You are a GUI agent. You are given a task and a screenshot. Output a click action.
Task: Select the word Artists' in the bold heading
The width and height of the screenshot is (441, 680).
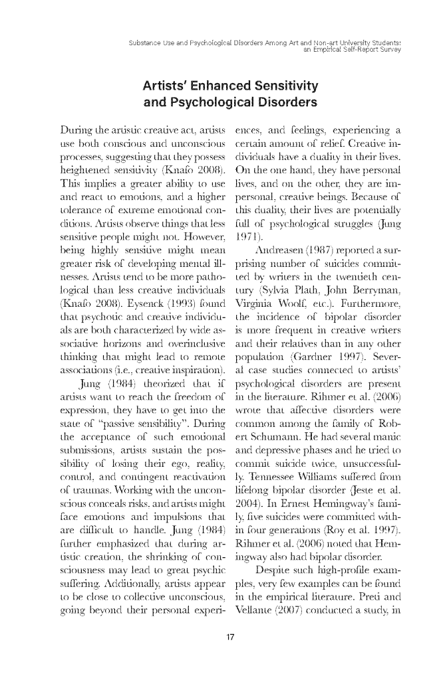point(167,86)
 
